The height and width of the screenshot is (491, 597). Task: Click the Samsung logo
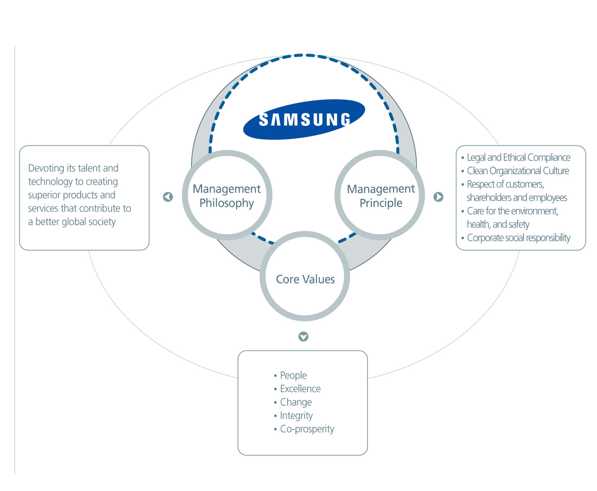304,119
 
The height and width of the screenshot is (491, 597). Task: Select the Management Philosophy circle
227,195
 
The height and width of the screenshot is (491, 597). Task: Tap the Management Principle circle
380,195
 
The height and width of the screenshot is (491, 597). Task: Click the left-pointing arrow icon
168,197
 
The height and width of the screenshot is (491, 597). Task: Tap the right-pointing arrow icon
438,197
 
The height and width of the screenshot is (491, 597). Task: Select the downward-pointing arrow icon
303,336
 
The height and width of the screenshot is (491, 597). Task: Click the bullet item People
293,375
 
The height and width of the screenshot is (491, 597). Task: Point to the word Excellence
300,389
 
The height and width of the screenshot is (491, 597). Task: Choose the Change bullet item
296,402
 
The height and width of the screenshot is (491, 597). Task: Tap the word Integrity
296,416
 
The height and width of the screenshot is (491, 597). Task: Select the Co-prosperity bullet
307,429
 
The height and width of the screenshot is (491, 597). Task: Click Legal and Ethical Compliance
518,157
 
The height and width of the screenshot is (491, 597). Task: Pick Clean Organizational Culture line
517,171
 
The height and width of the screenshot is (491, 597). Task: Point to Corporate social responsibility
518,238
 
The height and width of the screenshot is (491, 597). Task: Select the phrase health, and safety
498,224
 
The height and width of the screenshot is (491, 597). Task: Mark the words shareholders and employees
516,197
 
